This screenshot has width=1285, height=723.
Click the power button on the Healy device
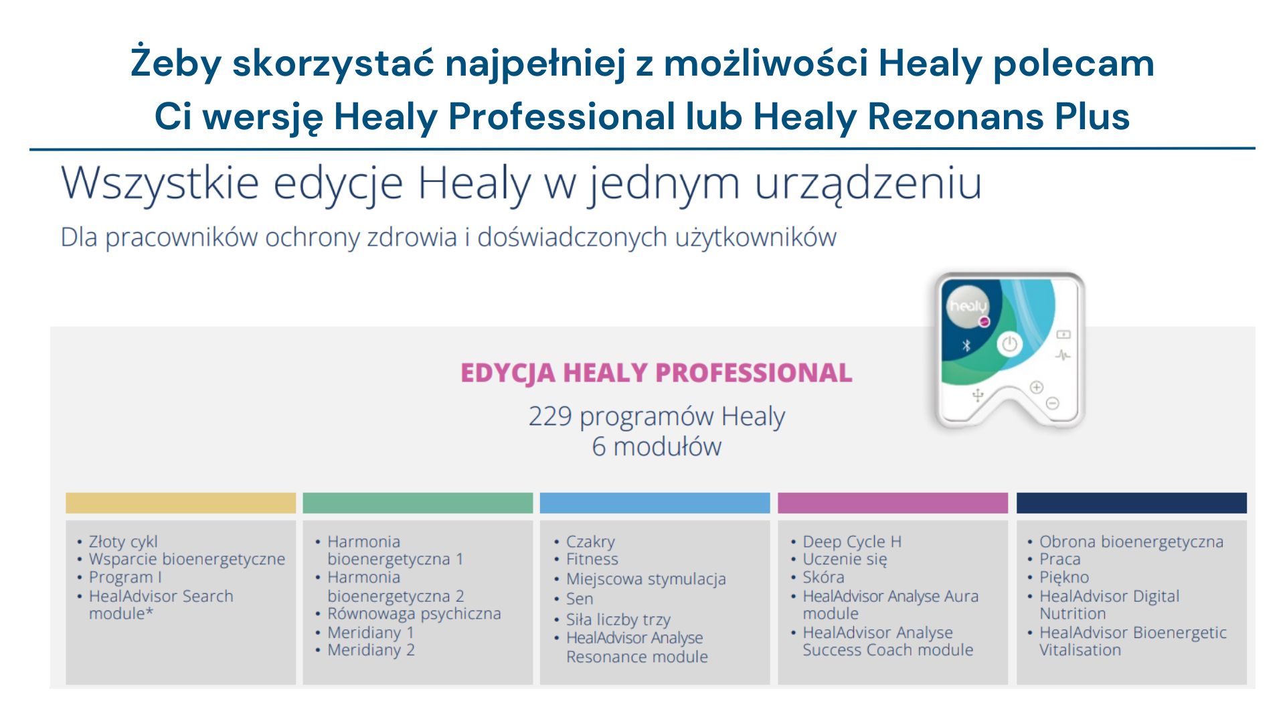(1009, 344)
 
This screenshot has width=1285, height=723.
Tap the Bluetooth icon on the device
(966, 345)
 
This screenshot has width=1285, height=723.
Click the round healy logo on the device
(968, 307)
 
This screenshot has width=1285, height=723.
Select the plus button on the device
(1037, 387)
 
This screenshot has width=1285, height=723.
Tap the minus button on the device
(1052, 403)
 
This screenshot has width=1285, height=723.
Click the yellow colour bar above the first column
(181, 503)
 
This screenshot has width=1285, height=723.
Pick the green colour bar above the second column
(418, 503)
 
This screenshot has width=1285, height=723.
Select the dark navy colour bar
(1132, 503)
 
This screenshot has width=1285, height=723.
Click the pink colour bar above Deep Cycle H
(893, 503)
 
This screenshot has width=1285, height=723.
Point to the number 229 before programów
(550, 416)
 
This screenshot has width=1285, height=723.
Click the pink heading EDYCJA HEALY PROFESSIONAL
(656, 373)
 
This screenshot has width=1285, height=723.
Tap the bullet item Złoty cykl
(123, 542)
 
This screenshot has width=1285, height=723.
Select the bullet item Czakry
(590, 542)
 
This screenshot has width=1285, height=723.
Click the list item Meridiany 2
(371, 650)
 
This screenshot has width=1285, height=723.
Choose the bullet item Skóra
(823, 577)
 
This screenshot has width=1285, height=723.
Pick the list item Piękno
(1064, 577)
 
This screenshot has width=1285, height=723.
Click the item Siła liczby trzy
(618, 620)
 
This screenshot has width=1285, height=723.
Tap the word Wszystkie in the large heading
(160, 183)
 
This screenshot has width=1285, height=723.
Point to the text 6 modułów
(657, 447)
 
